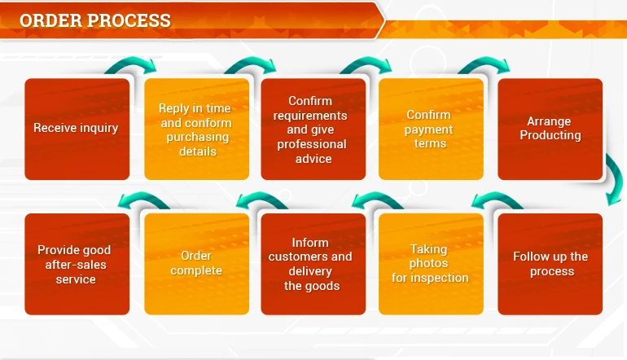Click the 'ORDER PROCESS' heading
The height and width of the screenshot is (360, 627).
pos(95,20)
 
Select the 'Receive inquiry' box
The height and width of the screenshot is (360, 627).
pos(77,129)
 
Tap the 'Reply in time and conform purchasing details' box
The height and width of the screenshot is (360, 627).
pos(196,129)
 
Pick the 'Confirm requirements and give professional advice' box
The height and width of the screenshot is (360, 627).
pos(313,129)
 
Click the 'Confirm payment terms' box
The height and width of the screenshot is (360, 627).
pos(430,129)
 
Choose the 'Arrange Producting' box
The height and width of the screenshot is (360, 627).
pos(550,129)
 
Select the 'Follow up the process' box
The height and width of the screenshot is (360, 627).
pos(550,264)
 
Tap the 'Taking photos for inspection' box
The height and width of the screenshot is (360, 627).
pos(430,264)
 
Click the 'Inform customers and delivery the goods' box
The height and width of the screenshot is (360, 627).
pos(313,264)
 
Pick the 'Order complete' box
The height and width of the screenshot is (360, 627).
pos(196,264)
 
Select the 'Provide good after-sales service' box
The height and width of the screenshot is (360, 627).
pos(77,264)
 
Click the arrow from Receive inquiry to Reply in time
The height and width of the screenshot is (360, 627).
pos(130,65)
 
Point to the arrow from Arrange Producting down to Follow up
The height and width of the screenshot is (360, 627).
pos(612,181)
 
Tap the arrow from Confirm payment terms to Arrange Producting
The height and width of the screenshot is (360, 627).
pos(485,65)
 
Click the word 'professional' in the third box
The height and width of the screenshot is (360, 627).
pos(312,144)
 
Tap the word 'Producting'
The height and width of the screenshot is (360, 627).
pos(550,135)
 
